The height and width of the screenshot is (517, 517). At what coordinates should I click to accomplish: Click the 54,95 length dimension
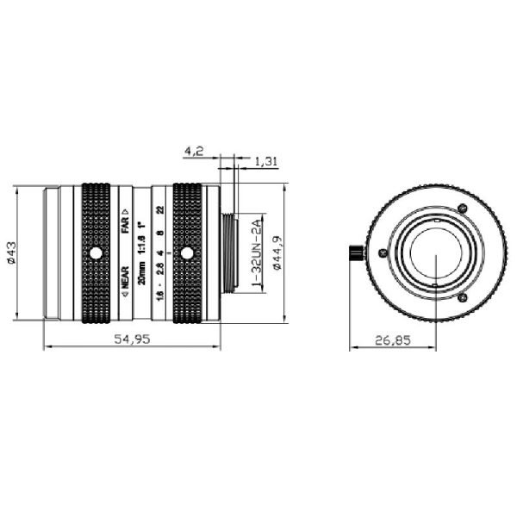[x=131, y=339]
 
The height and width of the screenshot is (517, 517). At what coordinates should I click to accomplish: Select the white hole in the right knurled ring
[x=187, y=253]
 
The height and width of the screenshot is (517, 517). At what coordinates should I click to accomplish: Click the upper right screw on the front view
[x=462, y=209]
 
